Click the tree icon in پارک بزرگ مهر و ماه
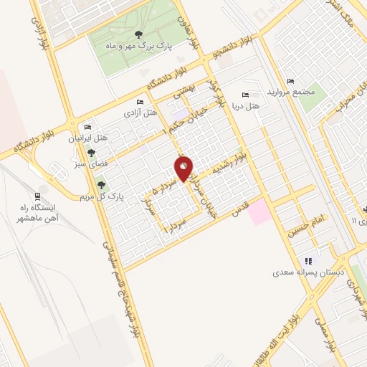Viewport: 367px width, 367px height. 138,34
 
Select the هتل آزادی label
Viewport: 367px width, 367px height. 140,113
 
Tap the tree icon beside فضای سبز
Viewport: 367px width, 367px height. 91,153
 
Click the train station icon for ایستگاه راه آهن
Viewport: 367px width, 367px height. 37,196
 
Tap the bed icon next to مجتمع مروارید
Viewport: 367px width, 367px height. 290,81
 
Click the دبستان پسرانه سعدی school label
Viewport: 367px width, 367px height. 308,273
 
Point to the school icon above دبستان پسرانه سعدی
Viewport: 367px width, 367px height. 309,261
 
